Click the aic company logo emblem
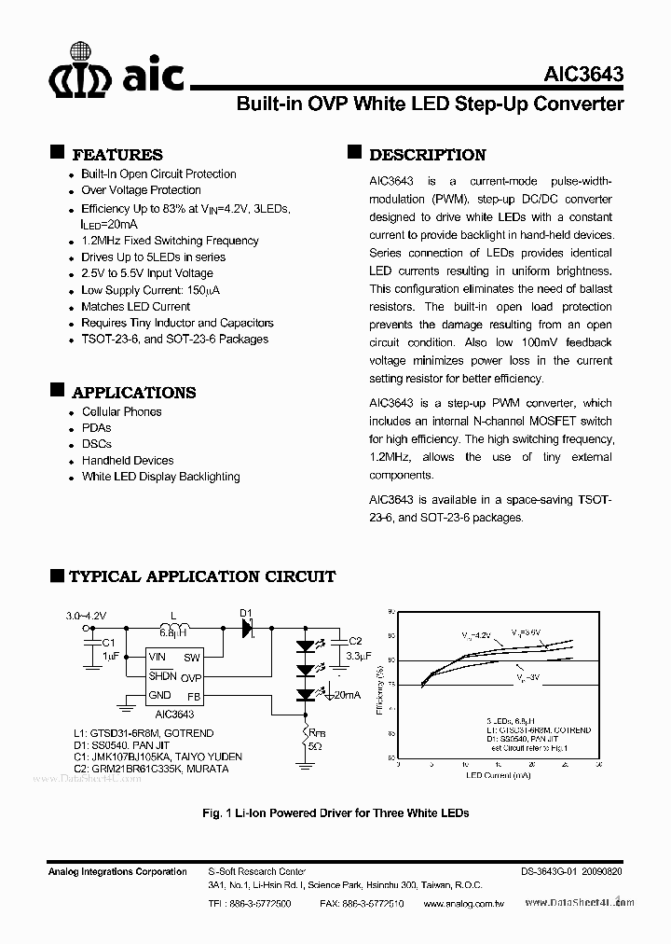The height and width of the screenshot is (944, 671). (x=79, y=71)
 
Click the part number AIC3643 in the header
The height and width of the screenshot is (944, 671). (x=584, y=76)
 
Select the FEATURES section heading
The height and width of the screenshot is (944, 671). (x=116, y=155)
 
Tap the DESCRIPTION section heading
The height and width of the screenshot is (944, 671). (x=427, y=155)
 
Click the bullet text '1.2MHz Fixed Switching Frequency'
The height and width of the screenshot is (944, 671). (x=170, y=240)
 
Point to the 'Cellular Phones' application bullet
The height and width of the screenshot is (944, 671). (x=121, y=411)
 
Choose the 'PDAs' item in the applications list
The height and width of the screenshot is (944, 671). (x=96, y=427)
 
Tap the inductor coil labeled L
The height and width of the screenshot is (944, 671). (x=175, y=628)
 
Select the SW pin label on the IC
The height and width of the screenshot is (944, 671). (x=191, y=658)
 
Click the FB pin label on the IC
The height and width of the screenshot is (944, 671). (x=193, y=695)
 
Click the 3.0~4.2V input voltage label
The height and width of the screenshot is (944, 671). (x=88, y=616)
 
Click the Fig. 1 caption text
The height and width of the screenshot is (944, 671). (x=335, y=812)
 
